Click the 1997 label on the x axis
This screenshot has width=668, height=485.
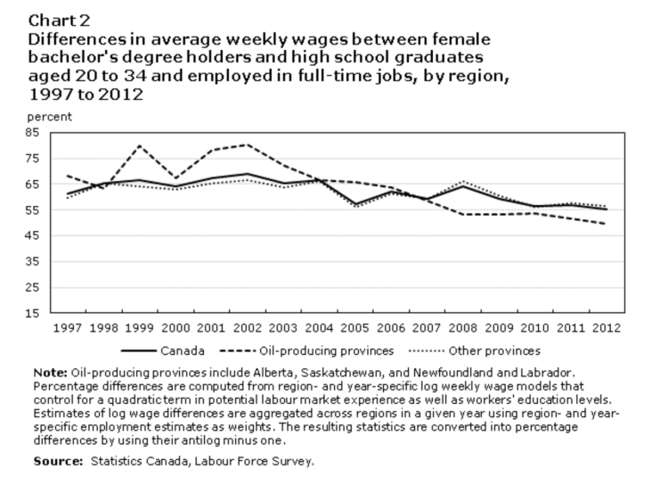click(x=68, y=328)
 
